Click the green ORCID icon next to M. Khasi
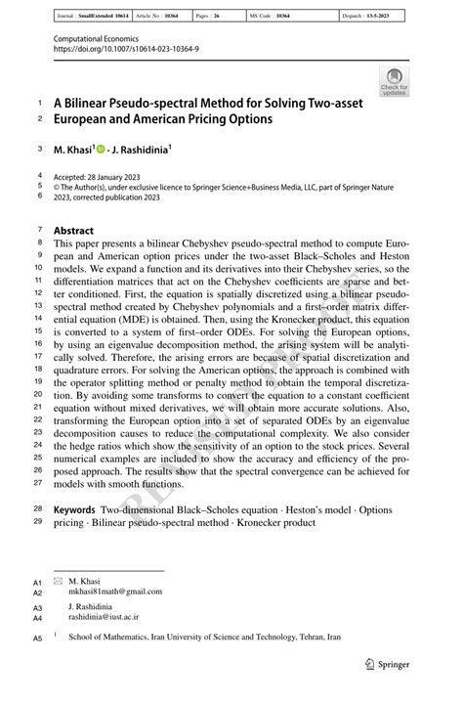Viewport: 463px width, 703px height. tap(100, 149)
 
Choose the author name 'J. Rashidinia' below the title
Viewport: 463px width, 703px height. tap(143, 150)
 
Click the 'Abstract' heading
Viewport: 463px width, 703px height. tap(73, 231)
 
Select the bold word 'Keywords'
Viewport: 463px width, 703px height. tap(73, 509)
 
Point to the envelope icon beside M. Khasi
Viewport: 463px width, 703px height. tap(58, 580)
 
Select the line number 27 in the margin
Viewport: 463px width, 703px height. tap(37, 482)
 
